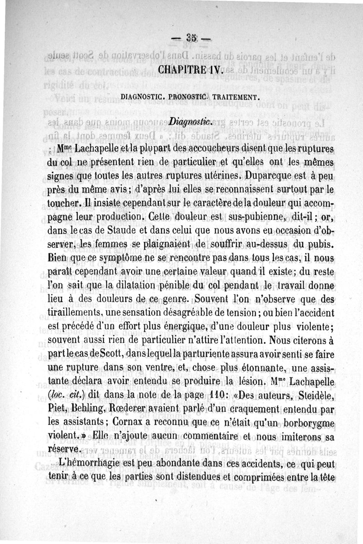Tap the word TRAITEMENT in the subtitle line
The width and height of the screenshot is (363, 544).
236,97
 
